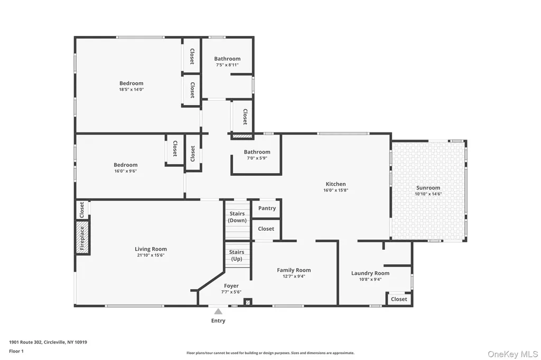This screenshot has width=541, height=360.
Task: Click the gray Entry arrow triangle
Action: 218,312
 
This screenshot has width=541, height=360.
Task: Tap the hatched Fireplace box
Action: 82,238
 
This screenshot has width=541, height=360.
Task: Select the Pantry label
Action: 267,209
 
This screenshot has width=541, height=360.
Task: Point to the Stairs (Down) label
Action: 237,217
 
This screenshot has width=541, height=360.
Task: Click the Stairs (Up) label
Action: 237,255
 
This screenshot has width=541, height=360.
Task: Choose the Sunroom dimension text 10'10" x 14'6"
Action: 428,194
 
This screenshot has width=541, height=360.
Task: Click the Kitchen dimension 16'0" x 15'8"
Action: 335,190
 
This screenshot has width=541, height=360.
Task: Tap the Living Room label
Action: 151,249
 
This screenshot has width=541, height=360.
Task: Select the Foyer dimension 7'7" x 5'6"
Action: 231,292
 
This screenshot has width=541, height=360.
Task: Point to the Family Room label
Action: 294,270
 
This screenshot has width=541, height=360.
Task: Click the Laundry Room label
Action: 370,273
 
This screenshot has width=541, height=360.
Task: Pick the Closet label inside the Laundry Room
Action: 399,299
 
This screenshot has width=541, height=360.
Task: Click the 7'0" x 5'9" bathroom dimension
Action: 257,158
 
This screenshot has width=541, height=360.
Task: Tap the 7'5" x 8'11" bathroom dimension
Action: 227,65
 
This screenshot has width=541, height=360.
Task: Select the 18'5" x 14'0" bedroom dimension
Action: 132,89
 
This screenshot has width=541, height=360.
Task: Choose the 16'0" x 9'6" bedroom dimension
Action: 126,171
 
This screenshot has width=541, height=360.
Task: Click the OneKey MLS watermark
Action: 512,354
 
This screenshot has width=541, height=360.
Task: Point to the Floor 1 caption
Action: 16,352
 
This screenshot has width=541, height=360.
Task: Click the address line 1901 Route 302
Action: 26,343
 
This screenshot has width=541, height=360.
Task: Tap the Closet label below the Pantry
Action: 266,229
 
